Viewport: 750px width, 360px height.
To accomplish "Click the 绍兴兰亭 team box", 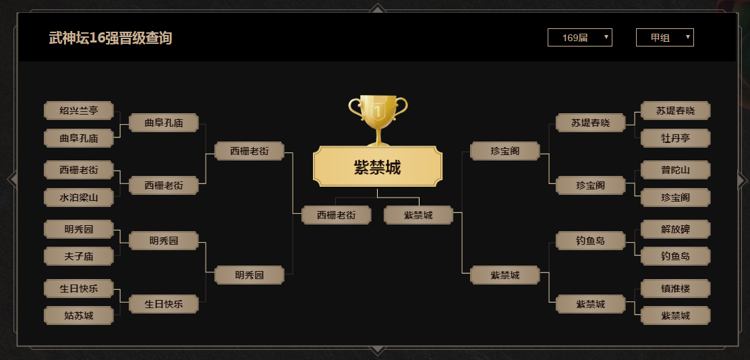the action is pos(78,111).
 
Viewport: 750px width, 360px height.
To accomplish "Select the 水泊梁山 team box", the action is pos(78,198).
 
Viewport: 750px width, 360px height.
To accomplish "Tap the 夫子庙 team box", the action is pos(78,256).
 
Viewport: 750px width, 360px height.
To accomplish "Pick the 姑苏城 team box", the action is pos(78,315).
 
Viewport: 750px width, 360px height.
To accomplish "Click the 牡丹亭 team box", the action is pos(675,138).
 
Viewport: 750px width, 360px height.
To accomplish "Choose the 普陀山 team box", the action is pos(675,170).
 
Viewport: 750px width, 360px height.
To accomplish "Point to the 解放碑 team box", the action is pos(675,229).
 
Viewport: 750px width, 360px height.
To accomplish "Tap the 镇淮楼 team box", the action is pos(675,288).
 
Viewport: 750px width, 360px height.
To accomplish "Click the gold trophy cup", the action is pos(378,118).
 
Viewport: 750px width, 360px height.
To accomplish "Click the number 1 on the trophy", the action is pos(378,109).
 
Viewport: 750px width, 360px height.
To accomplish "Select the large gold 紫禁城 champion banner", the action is pos(378,167).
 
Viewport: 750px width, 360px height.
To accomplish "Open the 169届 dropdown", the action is pos(579,38).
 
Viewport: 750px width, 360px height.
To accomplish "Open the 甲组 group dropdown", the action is pos(664,38).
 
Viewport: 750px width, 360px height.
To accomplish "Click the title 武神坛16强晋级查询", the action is pos(110,38).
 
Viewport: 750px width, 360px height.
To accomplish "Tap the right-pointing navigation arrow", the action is pos(741,180).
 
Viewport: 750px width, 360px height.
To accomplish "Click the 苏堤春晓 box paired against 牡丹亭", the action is pos(675,111).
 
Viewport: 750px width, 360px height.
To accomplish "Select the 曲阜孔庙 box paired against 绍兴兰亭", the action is pos(78,138).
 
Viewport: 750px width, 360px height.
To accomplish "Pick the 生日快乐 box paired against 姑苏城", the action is pos(78,289).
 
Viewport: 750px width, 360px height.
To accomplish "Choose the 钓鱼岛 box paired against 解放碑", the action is pos(675,256).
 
